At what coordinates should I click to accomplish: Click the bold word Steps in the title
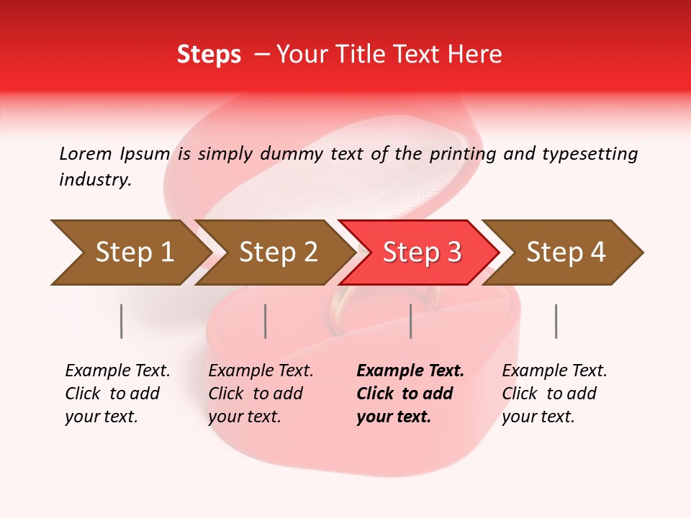point(209,55)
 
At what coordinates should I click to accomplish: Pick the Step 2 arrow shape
point(274,253)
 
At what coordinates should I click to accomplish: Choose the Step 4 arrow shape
point(564,253)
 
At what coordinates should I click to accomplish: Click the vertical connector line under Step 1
point(122,321)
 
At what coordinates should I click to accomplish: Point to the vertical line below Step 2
point(266,321)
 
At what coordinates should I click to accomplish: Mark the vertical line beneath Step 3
point(411,321)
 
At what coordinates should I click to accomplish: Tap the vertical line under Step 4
point(556,321)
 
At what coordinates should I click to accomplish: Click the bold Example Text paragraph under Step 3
point(410,394)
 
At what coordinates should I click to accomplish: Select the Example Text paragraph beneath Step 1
point(117,394)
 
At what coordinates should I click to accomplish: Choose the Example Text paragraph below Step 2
point(261,394)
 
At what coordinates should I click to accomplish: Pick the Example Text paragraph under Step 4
point(554,394)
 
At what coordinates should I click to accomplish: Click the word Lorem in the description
point(86,154)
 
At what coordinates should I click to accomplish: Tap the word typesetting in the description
point(590,154)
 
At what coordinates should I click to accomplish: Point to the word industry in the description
point(94,180)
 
